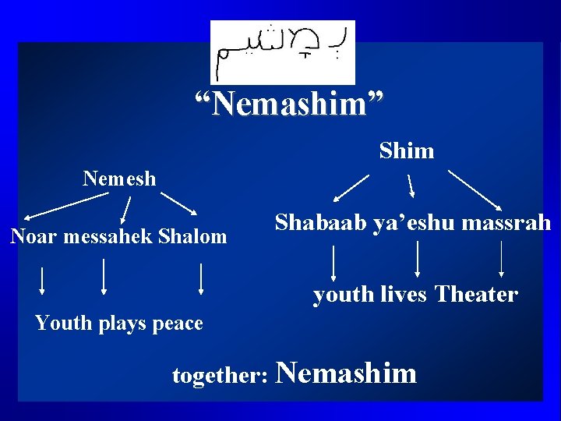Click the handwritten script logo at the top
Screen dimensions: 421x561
(282, 51)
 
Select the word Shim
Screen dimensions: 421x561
(407, 150)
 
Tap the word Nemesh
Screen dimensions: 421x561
(119, 179)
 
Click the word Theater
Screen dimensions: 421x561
(476, 295)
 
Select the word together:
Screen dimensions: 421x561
(221, 376)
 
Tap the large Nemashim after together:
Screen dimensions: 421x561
(347, 373)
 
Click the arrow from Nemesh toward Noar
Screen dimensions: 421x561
(65, 205)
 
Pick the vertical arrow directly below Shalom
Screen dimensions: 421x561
(202, 278)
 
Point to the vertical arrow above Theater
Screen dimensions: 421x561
(501, 260)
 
